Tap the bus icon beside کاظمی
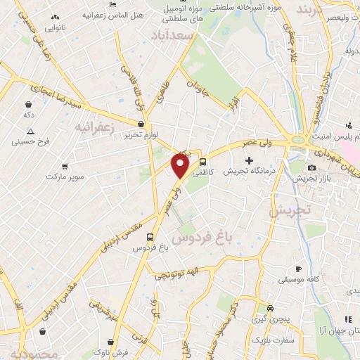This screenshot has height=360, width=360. pos(203,161)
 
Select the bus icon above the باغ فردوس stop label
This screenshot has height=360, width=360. pos(149,238)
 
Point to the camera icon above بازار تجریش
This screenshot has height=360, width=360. pos(312,167)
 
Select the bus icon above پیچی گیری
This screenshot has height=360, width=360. pos(271,309)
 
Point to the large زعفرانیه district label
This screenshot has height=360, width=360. pos(94,125)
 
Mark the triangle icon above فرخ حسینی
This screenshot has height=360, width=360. pos(30,131)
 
